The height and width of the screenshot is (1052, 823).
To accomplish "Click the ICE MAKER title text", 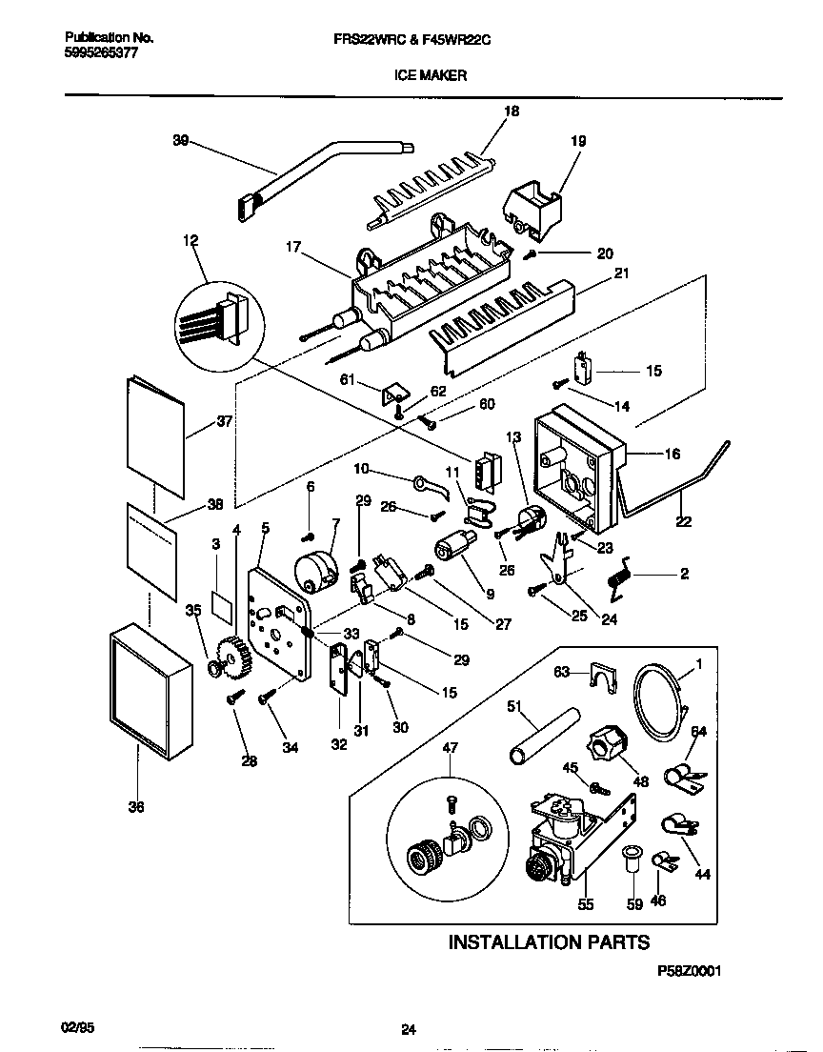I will coord(431,74).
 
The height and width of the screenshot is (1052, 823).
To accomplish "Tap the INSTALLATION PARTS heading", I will coord(549,942).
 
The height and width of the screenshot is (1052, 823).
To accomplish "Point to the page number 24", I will coord(409,1029).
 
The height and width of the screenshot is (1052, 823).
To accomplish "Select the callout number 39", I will coord(180,141).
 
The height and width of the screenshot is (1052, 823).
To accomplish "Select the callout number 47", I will coord(450,749).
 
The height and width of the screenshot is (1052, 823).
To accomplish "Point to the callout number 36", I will coord(137,806).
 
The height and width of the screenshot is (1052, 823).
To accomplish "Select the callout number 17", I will coord(292,247).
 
